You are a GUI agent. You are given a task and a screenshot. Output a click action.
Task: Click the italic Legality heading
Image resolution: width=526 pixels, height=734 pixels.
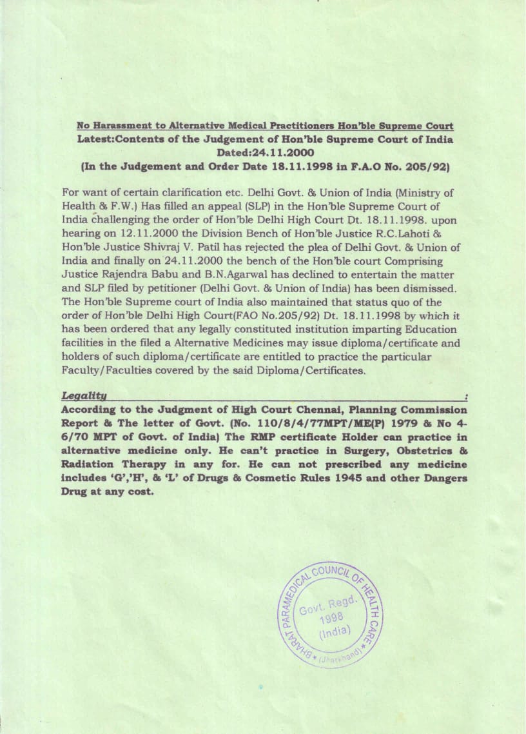coord(84,395)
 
